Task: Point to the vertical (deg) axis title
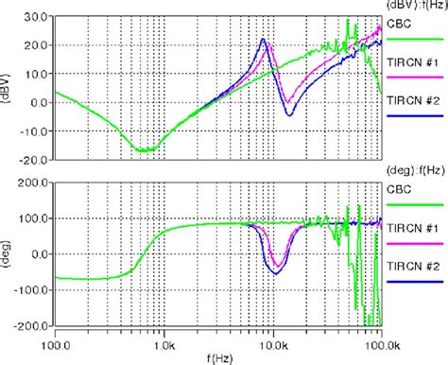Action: point(9,252)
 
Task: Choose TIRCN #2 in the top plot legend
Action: point(412,100)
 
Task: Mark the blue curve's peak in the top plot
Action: point(264,39)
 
